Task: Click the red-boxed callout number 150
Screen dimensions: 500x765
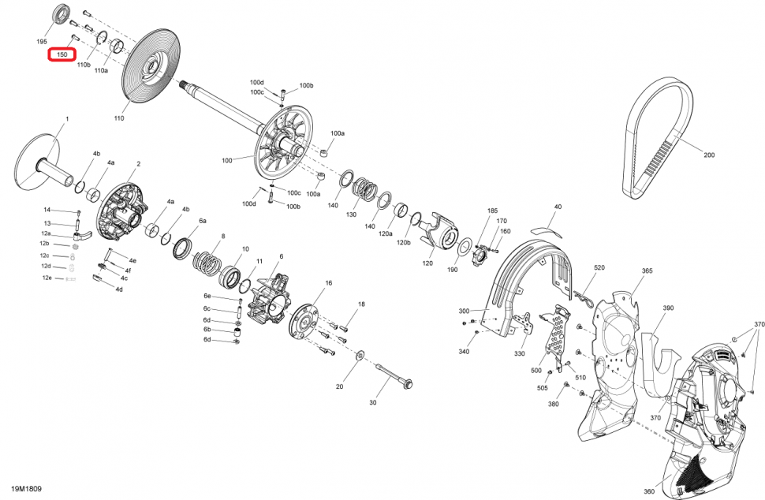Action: [62, 54]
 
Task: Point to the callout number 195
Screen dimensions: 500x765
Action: [42, 41]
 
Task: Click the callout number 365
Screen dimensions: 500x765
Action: [647, 271]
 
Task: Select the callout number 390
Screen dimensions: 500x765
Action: [668, 308]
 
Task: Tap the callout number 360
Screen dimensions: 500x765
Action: [648, 492]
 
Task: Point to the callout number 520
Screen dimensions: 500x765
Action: [599, 268]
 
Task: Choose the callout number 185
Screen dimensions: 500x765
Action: [493, 211]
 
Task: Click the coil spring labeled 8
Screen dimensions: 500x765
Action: [210, 259]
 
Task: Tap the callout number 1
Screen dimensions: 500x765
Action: [67, 119]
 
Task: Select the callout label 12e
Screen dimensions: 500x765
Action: [47, 278]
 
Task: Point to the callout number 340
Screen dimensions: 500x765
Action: [464, 351]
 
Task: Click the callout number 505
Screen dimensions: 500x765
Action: [543, 389]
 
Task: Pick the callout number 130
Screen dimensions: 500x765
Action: [352, 215]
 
